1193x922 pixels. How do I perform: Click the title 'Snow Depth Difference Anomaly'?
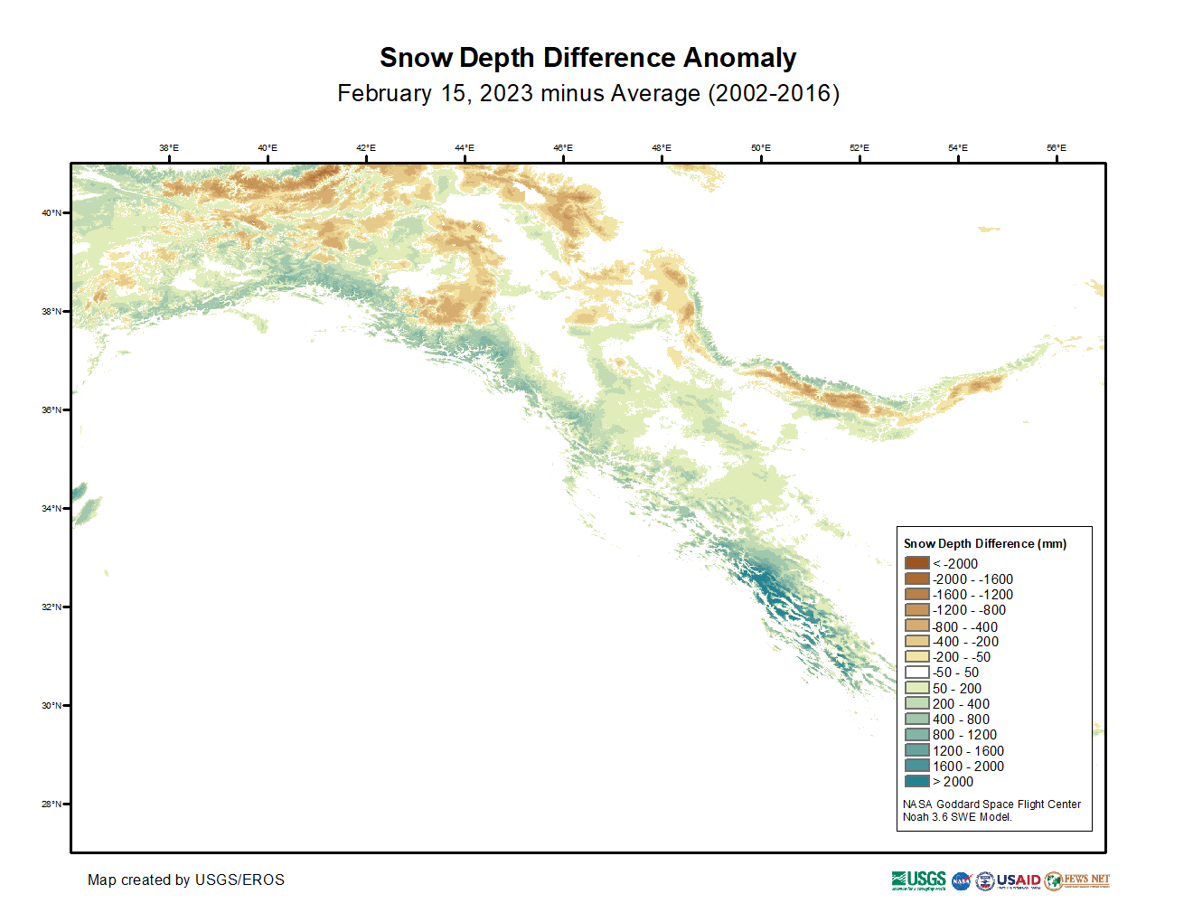click(587, 58)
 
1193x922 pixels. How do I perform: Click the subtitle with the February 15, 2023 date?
click(587, 94)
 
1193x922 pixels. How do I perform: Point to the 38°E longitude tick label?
click(169, 148)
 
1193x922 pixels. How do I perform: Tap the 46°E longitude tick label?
click(563, 148)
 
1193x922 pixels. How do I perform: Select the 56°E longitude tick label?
click(1057, 148)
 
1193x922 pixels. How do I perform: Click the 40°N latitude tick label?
click(52, 213)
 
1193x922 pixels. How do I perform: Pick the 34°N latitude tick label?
click(52, 509)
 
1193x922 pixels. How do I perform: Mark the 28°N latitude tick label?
click(52, 804)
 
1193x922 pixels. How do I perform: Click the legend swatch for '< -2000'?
click(917, 563)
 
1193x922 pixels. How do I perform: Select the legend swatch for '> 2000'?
click(917, 782)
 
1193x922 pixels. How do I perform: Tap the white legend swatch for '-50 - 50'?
click(917, 673)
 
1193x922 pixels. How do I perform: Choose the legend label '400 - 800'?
click(961, 720)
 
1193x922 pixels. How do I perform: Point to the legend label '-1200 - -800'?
click(969, 610)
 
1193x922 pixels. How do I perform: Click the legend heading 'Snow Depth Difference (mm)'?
click(985, 543)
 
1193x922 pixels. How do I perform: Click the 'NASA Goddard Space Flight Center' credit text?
click(991, 804)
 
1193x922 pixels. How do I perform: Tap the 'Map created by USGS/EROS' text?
click(186, 880)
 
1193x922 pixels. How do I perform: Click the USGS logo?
click(918, 880)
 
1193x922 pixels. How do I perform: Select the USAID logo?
click(1019, 880)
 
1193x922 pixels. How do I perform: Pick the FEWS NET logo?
click(1077, 880)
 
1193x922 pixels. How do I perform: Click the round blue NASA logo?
click(961, 881)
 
